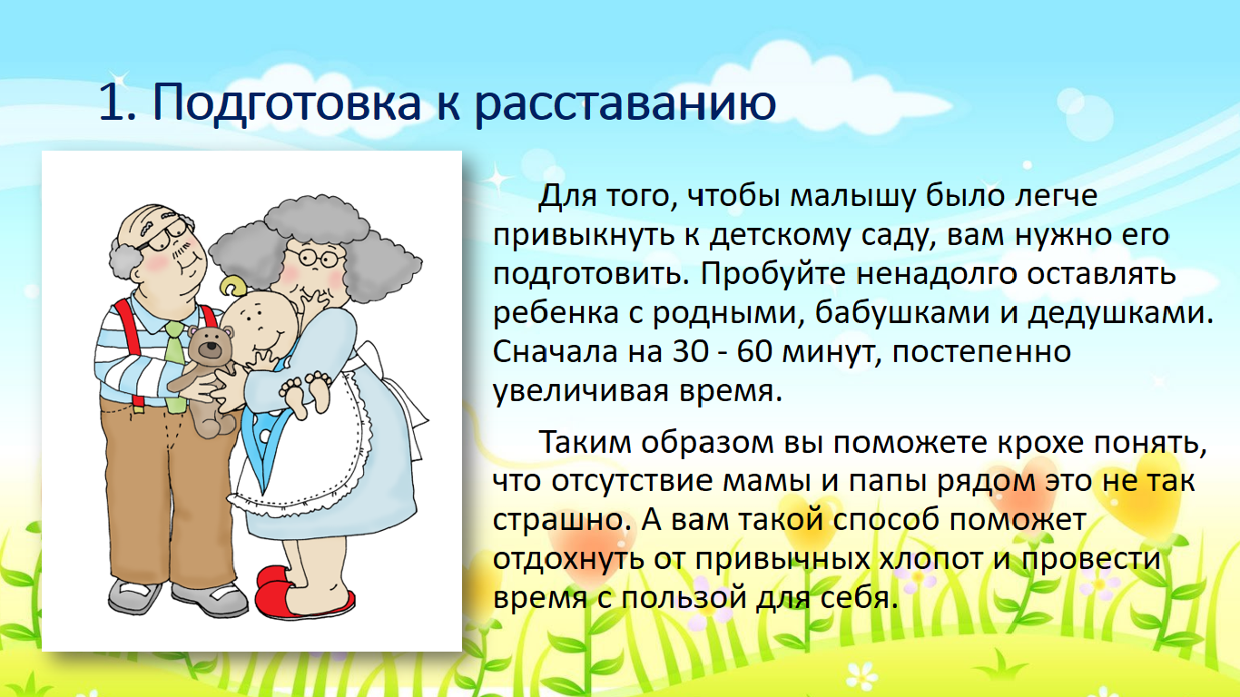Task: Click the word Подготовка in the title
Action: point(287,103)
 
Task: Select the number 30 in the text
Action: point(690,351)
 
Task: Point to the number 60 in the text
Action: point(754,351)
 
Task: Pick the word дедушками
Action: point(1117,313)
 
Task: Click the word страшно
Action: point(558,521)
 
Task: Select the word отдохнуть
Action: point(568,559)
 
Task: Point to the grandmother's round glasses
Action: point(314,257)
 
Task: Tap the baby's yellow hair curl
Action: point(232,286)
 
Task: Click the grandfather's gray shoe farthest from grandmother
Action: point(132,595)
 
